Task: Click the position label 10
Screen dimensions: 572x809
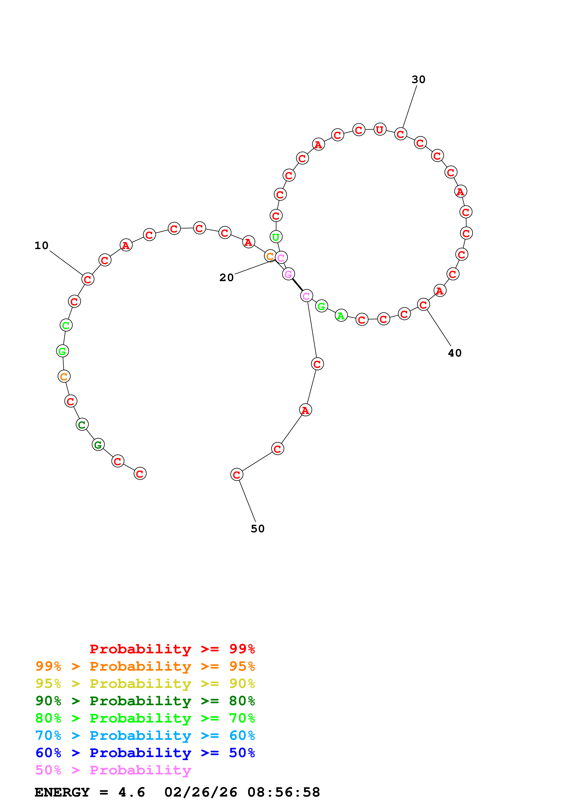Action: coord(41,246)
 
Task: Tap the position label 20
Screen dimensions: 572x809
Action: coord(226,278)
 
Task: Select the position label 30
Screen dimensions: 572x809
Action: coord(418,80)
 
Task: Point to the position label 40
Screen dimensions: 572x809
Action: coord(455,353)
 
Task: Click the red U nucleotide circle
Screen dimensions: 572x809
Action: coord(380,130)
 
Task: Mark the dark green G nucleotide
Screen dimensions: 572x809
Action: coord(98,445)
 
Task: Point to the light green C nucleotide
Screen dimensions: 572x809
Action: coord(66,325)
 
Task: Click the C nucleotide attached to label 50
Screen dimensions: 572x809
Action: coord(237,475)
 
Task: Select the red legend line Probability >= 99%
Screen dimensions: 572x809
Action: coord(172,649)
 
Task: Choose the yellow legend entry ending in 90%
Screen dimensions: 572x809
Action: coord(145,684)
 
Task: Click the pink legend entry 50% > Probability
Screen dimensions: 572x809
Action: coord(113,770)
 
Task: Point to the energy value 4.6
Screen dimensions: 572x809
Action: coord(132,792)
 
